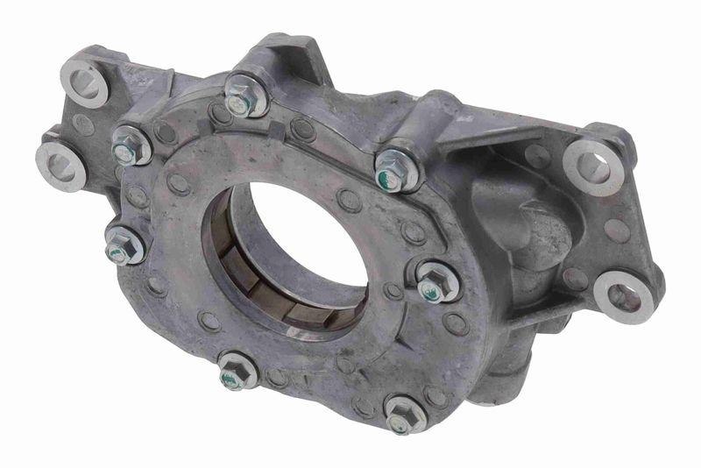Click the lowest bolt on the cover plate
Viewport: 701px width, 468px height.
point(405,414)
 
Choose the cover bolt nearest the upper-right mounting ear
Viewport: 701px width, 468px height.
point(396,170)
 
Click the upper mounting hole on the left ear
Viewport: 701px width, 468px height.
point(86,81)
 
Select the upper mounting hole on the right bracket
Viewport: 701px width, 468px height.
point(593,163)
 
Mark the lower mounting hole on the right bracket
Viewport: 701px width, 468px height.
point(624,297)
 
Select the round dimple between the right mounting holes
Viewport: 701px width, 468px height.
point(617,230)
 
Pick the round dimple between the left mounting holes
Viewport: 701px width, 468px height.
point(82,124)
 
